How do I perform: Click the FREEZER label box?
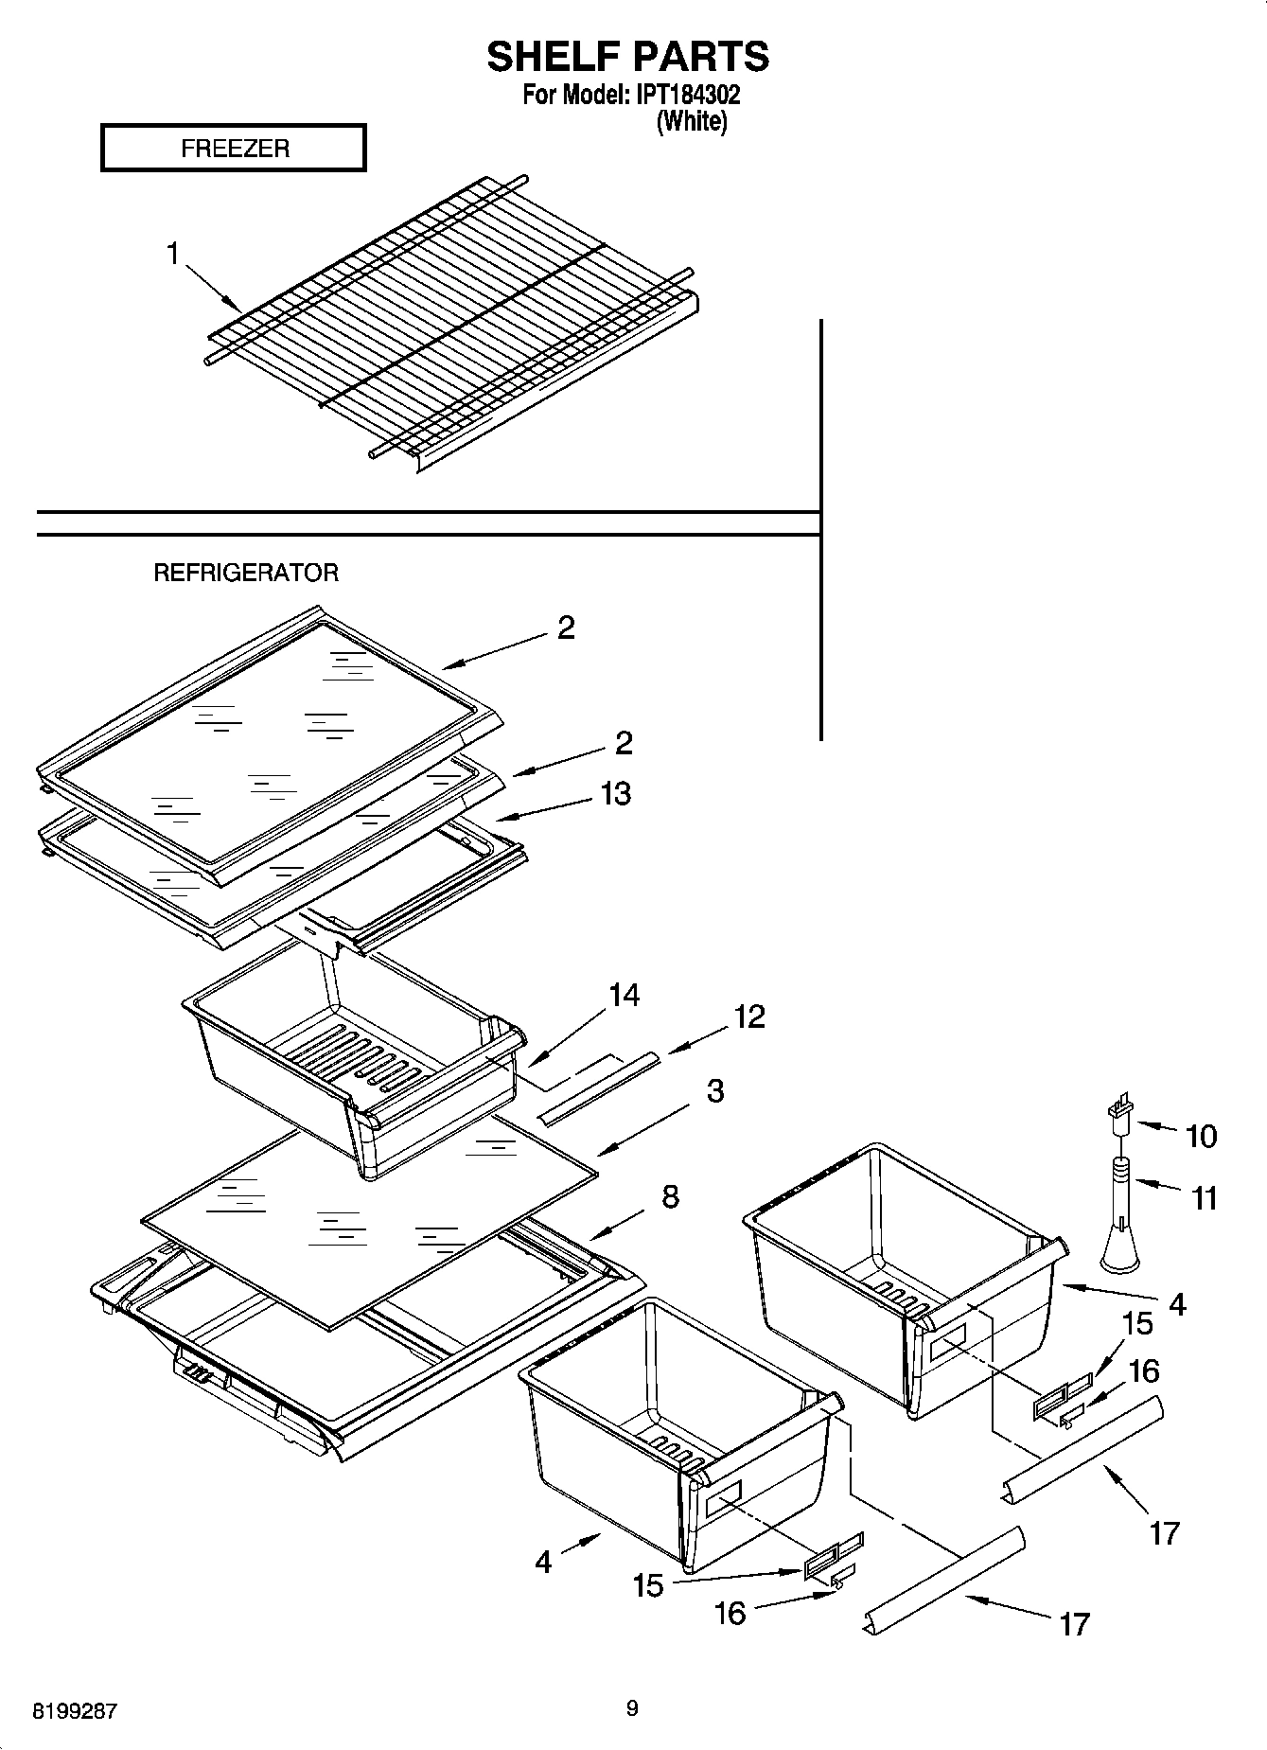coord(233,149)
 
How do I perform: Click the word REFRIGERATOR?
coord(245,573)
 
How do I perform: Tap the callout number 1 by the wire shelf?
coord(173,254)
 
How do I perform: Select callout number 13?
coord(615,793)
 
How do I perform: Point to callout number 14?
coord(624,995)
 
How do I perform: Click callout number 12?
coord(748,1016)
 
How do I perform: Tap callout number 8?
coord(669,1196)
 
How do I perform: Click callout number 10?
coord(1201,1136)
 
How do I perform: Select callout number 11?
coord(1204,1198)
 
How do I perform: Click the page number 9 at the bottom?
coord(632,1708)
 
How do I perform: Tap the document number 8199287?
coord(75,1711)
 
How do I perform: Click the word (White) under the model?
coord(692,121)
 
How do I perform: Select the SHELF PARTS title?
coord(627,57)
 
